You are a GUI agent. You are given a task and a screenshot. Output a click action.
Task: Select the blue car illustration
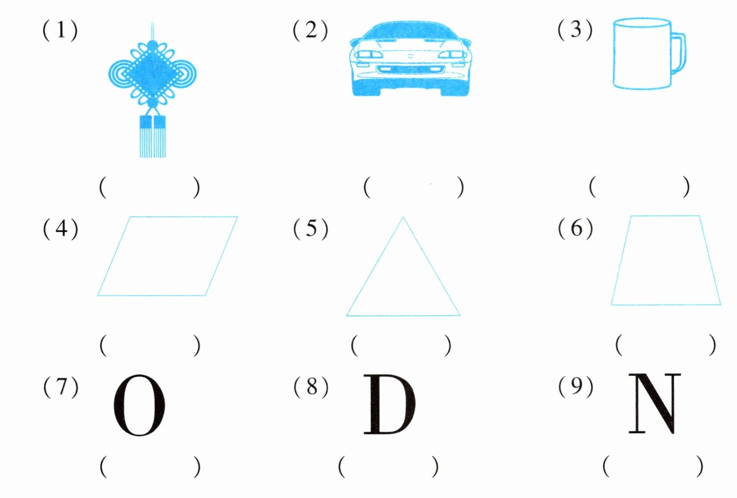pyautogui.click(x=410, y=59)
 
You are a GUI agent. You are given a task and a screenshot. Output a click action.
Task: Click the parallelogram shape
pyautogui.click(x=167, y=256)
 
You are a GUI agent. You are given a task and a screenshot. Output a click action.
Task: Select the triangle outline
pyautogui.click(x=403, y=277)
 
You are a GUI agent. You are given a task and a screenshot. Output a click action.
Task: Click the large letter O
pyautogui.click(x=139, y=405)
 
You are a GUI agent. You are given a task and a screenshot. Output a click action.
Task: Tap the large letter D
pyautogui.click(x=390, y=404)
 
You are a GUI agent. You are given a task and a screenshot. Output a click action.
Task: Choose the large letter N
pyautogui.click(x=654, y=403)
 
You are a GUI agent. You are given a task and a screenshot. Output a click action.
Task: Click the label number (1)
pyautogui.click(x=60, y=30)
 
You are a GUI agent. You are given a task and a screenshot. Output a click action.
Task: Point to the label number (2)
pyautogui.click(x=310, y=30)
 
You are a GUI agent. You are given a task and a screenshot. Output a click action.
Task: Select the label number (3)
pyautogui.click(x=575, y=30)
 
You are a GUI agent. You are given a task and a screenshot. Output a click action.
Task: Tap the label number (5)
pyautogui.click(x=310, y=229)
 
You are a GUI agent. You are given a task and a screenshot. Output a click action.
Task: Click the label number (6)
pyautogui.click(x=575, y=228)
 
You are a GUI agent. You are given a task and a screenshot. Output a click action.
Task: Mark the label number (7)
pyautogui.click(x=60, y=387)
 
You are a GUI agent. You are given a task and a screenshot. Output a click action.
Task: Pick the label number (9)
pyautogui.click(x=575, y=386)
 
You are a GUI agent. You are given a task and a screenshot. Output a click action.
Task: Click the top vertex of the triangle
pyautogui.click(x=403, y=218)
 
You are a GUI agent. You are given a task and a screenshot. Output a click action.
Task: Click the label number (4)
pyautogui.click(x=60, y=229)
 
